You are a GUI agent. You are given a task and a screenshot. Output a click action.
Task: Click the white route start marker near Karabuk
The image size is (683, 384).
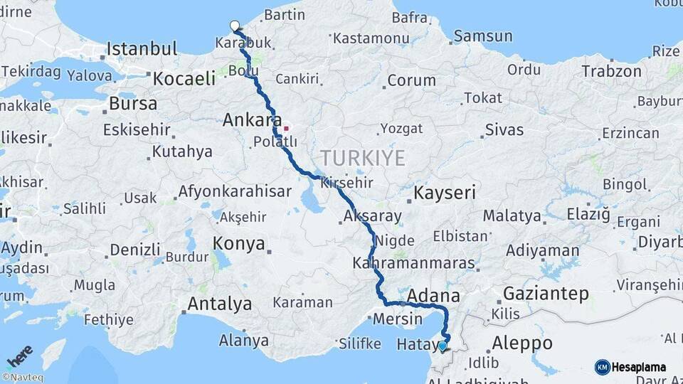tap(235, 26)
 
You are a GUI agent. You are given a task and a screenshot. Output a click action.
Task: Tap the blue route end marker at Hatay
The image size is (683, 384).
tap(443, 346)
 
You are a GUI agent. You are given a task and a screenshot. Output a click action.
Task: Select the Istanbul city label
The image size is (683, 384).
tap(142, 49)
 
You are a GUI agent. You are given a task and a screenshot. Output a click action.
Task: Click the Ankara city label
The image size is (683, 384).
tap(253, 119)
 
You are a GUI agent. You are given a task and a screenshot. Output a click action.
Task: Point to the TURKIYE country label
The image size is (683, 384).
tap(362, 157)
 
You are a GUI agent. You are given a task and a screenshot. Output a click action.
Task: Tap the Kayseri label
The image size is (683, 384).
tap(445, 193)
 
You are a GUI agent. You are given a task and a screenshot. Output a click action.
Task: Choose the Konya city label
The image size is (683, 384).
tap(239, 244)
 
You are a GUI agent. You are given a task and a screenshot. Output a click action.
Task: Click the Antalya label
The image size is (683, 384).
tap(219, 304)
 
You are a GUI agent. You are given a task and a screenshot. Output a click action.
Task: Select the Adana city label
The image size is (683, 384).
tap(433, 294)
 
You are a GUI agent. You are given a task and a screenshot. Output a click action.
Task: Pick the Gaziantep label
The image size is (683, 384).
tap(546, 293)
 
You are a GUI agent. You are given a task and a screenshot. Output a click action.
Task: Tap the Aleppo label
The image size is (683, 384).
tap(522, 342)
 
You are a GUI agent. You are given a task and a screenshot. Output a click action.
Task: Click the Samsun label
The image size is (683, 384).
tap(483, 36)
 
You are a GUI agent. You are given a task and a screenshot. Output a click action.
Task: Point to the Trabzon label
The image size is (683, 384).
tap(611, 71)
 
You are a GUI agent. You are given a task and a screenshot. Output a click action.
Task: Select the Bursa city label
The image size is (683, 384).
tap(133, 103)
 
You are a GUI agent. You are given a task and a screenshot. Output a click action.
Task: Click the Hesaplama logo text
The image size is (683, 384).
tap(638, 368)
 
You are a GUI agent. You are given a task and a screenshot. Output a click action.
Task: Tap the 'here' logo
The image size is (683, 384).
tap(19, 356)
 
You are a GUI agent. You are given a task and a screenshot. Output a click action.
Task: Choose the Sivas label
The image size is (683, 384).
tap(504, 129)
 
